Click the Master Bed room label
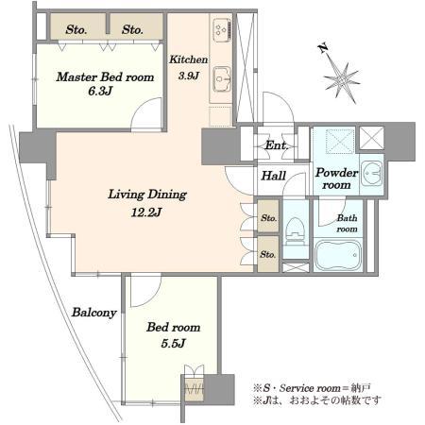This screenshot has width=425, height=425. (105, 77)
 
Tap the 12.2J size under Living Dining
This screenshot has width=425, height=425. (146, 212)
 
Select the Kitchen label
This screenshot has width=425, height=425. (188, 59)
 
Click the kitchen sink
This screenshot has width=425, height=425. (222, 79)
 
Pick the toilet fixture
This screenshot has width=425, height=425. (296, 230)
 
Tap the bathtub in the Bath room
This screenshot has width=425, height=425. (338, 255)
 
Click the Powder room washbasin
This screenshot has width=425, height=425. (372, 173)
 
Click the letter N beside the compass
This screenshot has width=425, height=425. (323, 49)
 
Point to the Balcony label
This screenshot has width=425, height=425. (94, 313)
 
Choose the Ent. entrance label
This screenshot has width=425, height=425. (277, 145)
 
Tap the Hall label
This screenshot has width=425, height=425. (274, 176)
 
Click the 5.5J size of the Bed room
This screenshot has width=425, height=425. (173, 343)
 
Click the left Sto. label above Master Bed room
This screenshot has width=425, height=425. (76, 30)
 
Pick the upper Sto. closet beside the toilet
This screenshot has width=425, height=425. (268, 216)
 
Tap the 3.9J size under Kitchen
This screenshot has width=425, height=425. (188, 76)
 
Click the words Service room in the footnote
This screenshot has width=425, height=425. (310, 388)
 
